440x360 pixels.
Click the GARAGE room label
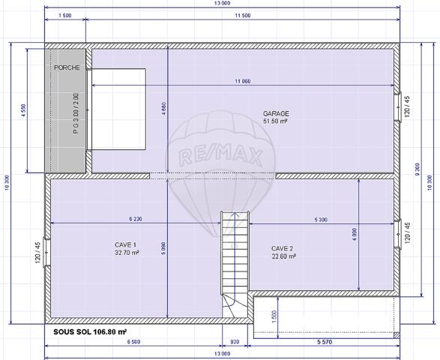point(276,113)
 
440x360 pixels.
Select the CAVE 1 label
point(125,245)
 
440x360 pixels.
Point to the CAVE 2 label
point(282,248)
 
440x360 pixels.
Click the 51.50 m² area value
point(276,121)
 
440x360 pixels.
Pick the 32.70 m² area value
point(125,253)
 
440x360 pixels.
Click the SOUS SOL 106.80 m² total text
point(90,330)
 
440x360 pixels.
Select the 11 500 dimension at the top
point(241,15)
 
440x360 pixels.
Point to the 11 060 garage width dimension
point(241,80)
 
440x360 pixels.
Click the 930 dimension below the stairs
point(235,342)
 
